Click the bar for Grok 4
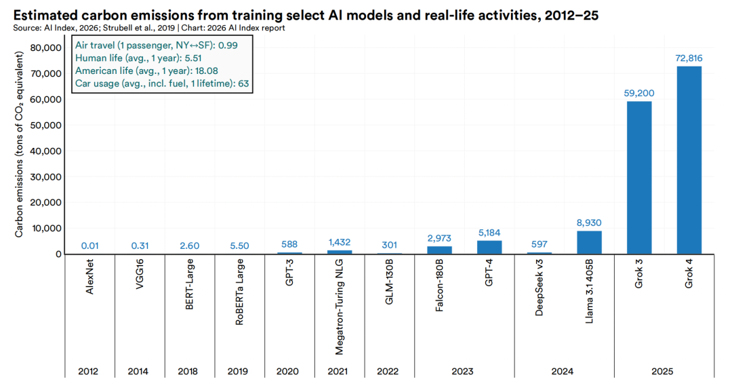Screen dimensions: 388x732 pos(689,160)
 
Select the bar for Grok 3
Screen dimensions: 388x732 pos(639,178)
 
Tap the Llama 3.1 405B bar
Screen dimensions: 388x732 pos(589,243)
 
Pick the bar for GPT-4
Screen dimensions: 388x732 pos(489,248)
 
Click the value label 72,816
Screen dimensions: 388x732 pos(689,58)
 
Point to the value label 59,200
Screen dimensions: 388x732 pos(638,94)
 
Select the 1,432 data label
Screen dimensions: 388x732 pos(340,242)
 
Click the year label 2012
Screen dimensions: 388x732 pos(89,372)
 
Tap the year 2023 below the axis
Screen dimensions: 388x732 pos(464,372)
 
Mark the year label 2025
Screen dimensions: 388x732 pos(664,372)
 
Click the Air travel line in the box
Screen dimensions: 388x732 pos(146,45)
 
